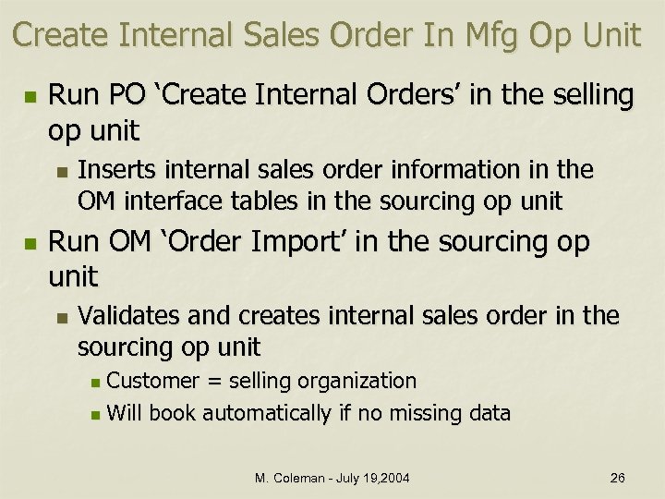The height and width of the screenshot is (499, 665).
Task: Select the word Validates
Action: [128, 316]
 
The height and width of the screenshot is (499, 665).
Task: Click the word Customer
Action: [152, 381]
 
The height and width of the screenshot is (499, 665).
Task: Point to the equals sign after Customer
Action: [212, 382]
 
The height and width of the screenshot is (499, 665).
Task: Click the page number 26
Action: [617, 478]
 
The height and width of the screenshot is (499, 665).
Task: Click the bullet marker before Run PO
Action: [30, 96]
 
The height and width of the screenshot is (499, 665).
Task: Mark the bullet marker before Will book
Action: [98, 414]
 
